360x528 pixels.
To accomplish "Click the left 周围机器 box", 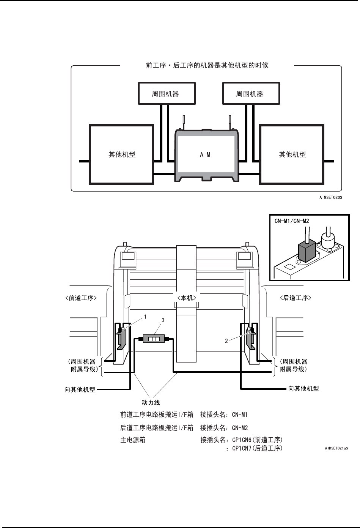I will tap(165, 94).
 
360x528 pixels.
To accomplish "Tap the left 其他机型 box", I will tap(122, 154).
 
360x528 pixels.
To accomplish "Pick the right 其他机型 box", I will tap(292, 154).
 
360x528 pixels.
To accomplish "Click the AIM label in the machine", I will tap(205, 154).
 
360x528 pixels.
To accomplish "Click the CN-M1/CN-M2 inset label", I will tap(292, 221).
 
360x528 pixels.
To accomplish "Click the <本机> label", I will tap(187, 298).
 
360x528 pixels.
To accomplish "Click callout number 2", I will tap(226, 341).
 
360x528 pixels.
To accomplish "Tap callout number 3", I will tap(163, 320).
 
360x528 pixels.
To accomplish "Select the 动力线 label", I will tap(151, 402).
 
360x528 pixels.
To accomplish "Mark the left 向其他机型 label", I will tap(80, 389).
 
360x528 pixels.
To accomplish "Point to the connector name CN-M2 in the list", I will tap(240, 428).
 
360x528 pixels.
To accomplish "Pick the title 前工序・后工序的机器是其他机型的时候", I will tap(207, 65).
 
